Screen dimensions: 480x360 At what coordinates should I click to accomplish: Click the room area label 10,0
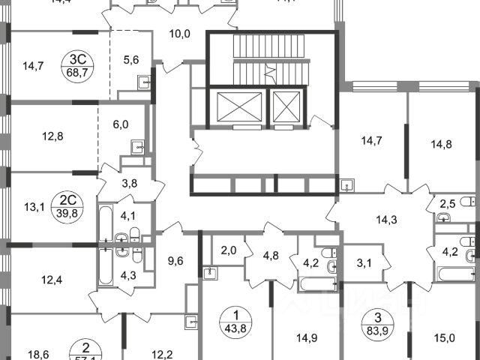pyautogui.click(x=178, y=33)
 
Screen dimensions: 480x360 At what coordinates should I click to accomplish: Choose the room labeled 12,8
pyautogui.click(x=53, y=136)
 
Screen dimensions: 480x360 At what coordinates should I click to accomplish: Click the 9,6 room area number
pyautogui.click(x=175, y=262)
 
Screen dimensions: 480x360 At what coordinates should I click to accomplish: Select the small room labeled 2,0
pyautogui.click(x=229, y=251)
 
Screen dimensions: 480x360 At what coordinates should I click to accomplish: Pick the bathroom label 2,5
pyautogui.click(x=448, y=202)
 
